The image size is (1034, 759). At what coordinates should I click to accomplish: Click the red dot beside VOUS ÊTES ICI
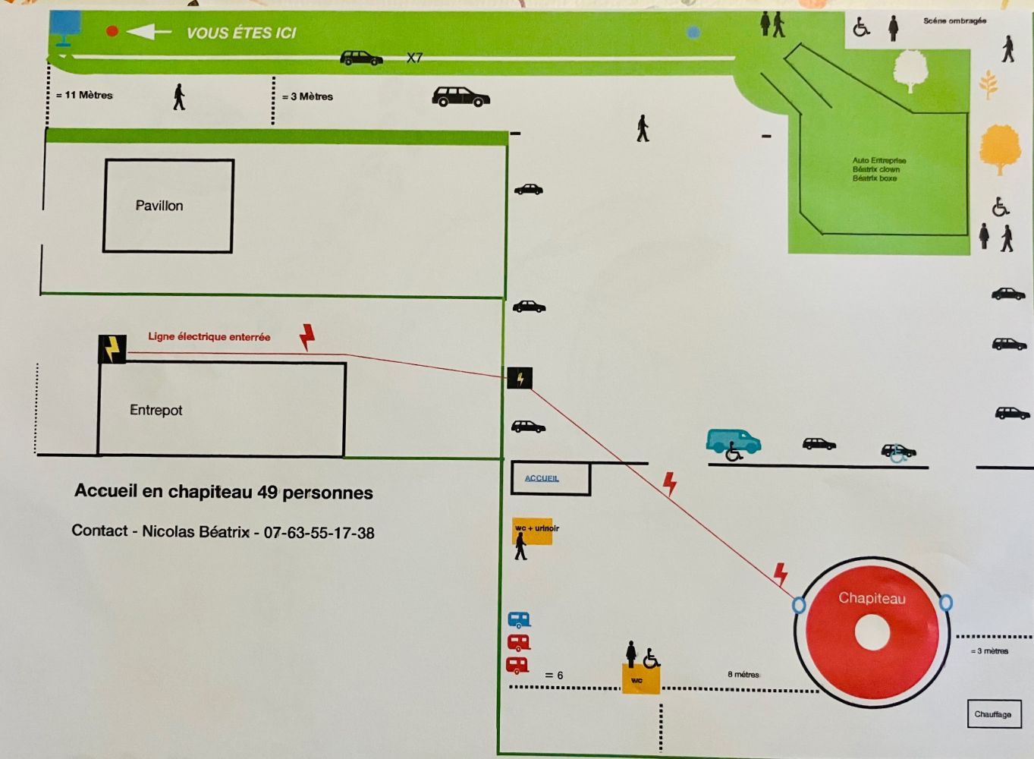click(112, 31)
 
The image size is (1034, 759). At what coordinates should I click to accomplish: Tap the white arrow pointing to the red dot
click(149, 31)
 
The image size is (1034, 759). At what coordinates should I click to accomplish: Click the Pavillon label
click(159, 206)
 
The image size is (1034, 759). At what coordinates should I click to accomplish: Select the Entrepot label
click(156, 410)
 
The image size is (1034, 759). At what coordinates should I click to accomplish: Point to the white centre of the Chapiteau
click(872, 633)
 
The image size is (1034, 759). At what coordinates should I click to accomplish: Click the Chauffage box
click(993, 714)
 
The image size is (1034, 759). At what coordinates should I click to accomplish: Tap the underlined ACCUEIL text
click(542, 478)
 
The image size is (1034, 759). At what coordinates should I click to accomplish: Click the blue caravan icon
click(519, 620)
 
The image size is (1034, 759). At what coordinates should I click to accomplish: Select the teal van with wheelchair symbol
click(733, 443)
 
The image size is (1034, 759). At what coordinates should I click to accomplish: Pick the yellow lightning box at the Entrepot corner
click(112, 349)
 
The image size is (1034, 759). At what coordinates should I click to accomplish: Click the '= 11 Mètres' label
click(85, 96)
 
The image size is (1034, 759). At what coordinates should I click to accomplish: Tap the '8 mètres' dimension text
click(743, 674)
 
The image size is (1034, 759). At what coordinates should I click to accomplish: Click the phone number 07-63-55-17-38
click(319, 533)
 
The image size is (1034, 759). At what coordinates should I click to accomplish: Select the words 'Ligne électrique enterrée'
click(209, 337)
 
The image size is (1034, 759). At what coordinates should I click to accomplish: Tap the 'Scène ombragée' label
click(954, 21)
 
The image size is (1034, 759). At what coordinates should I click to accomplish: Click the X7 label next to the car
click(414, 58)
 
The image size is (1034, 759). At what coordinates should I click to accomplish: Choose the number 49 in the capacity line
click(267, 492)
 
